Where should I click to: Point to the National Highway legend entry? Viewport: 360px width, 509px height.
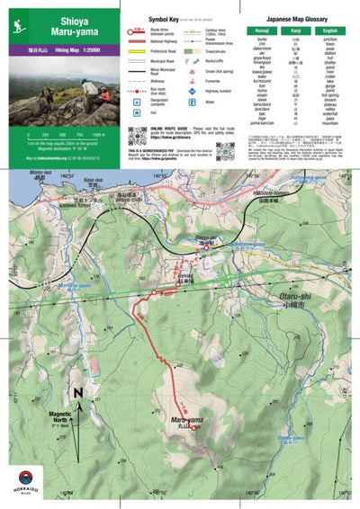coord(162,41)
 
